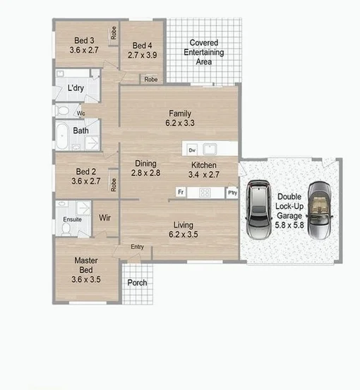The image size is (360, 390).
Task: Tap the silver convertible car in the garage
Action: (321, 209)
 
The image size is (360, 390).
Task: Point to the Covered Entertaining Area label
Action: (203, 52)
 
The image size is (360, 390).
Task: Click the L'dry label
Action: (76, 89)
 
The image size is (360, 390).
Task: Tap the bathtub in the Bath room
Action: (62, 135)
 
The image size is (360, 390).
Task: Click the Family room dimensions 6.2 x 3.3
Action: (180, 123)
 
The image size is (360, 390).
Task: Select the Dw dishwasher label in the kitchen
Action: (191, 150)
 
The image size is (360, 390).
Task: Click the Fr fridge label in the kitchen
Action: (181, 192)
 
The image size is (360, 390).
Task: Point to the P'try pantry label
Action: (231, 192)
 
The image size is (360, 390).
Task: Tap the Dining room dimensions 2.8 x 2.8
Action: (146, 173)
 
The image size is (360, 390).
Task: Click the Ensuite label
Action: (73, 219)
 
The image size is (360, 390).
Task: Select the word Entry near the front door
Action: (137, 247)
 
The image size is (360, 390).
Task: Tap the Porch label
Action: (137, 283)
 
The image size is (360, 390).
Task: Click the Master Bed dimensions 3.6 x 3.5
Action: (86, 279)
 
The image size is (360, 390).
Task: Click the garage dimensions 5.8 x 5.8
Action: (290, 224)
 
